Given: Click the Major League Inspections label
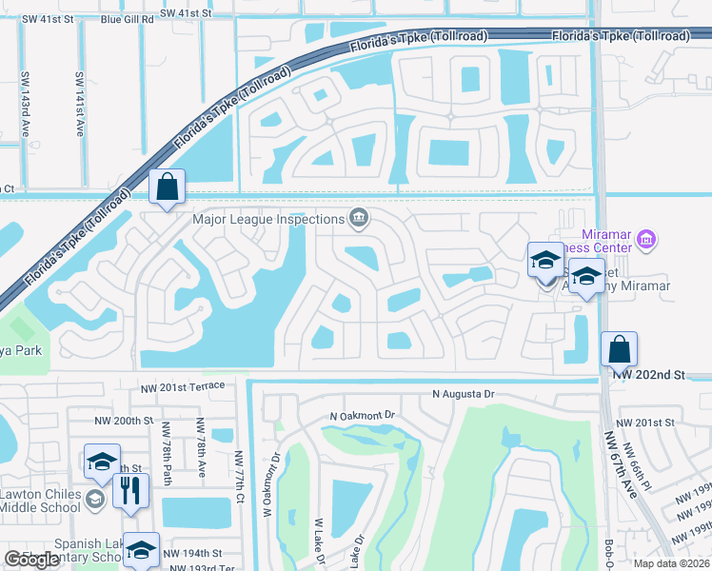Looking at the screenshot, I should point(269,219).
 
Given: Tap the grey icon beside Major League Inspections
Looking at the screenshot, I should point(359,219).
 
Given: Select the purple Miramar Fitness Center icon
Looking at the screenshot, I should point(646,238).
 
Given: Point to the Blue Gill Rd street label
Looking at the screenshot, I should point(123,18).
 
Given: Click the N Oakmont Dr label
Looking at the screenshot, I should point(362,417).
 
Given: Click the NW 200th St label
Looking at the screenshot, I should point(124,421).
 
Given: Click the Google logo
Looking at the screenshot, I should point(32,560).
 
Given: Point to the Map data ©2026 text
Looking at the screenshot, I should point(670,563).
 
